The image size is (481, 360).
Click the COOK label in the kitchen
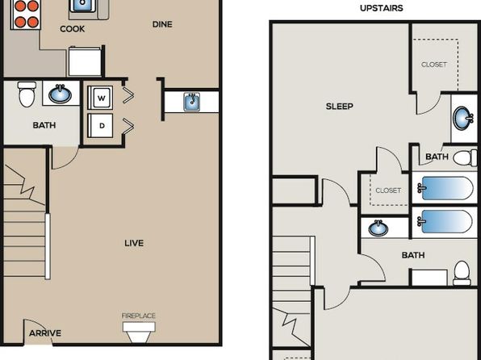[x=72, y=29]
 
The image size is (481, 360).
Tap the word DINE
[x=162, y=24]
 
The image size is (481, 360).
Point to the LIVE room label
[x=134, y=243]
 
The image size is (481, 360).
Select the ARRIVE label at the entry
[x=45, y=333]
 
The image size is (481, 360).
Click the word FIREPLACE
[x=138, y=316]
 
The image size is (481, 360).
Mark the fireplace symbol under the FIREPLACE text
[x=139, y=332]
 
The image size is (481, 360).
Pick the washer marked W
[x=100, y=98]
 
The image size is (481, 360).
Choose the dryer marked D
[x=100, y=126]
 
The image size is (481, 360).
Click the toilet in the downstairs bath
[x=27, y=94]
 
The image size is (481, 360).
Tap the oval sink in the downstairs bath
[x=60, y=94]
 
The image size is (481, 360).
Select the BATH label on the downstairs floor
[x=44, y=125]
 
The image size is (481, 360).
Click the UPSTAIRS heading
[x=381, y=8]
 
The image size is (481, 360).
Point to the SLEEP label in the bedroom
[x=340, y=107]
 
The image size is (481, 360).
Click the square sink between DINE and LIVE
[x=192, y=102]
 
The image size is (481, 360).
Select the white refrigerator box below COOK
[x=85, y=61]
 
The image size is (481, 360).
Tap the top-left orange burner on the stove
[x=20, y=6]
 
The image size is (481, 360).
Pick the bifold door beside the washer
[x=128, y=94]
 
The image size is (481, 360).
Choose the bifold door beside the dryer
[x=128, y=126]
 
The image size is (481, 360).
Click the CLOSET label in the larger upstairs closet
[x=434, y=65]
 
